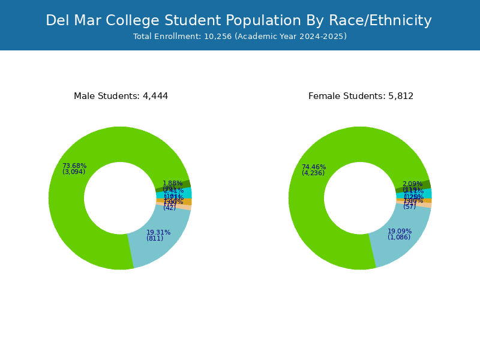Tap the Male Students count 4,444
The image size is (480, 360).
coord(155,96)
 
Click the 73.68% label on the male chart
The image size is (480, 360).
coord(74,166)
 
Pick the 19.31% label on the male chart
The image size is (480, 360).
coord(158,232)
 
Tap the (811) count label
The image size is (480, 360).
coord(155,238)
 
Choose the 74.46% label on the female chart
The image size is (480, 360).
coord(314,167)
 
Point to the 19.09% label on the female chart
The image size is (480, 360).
coord(400,231)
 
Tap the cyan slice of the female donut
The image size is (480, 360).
coord(427,193)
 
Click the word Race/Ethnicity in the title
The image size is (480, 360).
coord(380,21)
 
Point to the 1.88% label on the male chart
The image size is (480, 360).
coord(172,183)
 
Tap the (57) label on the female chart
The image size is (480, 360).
coord(409,206)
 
